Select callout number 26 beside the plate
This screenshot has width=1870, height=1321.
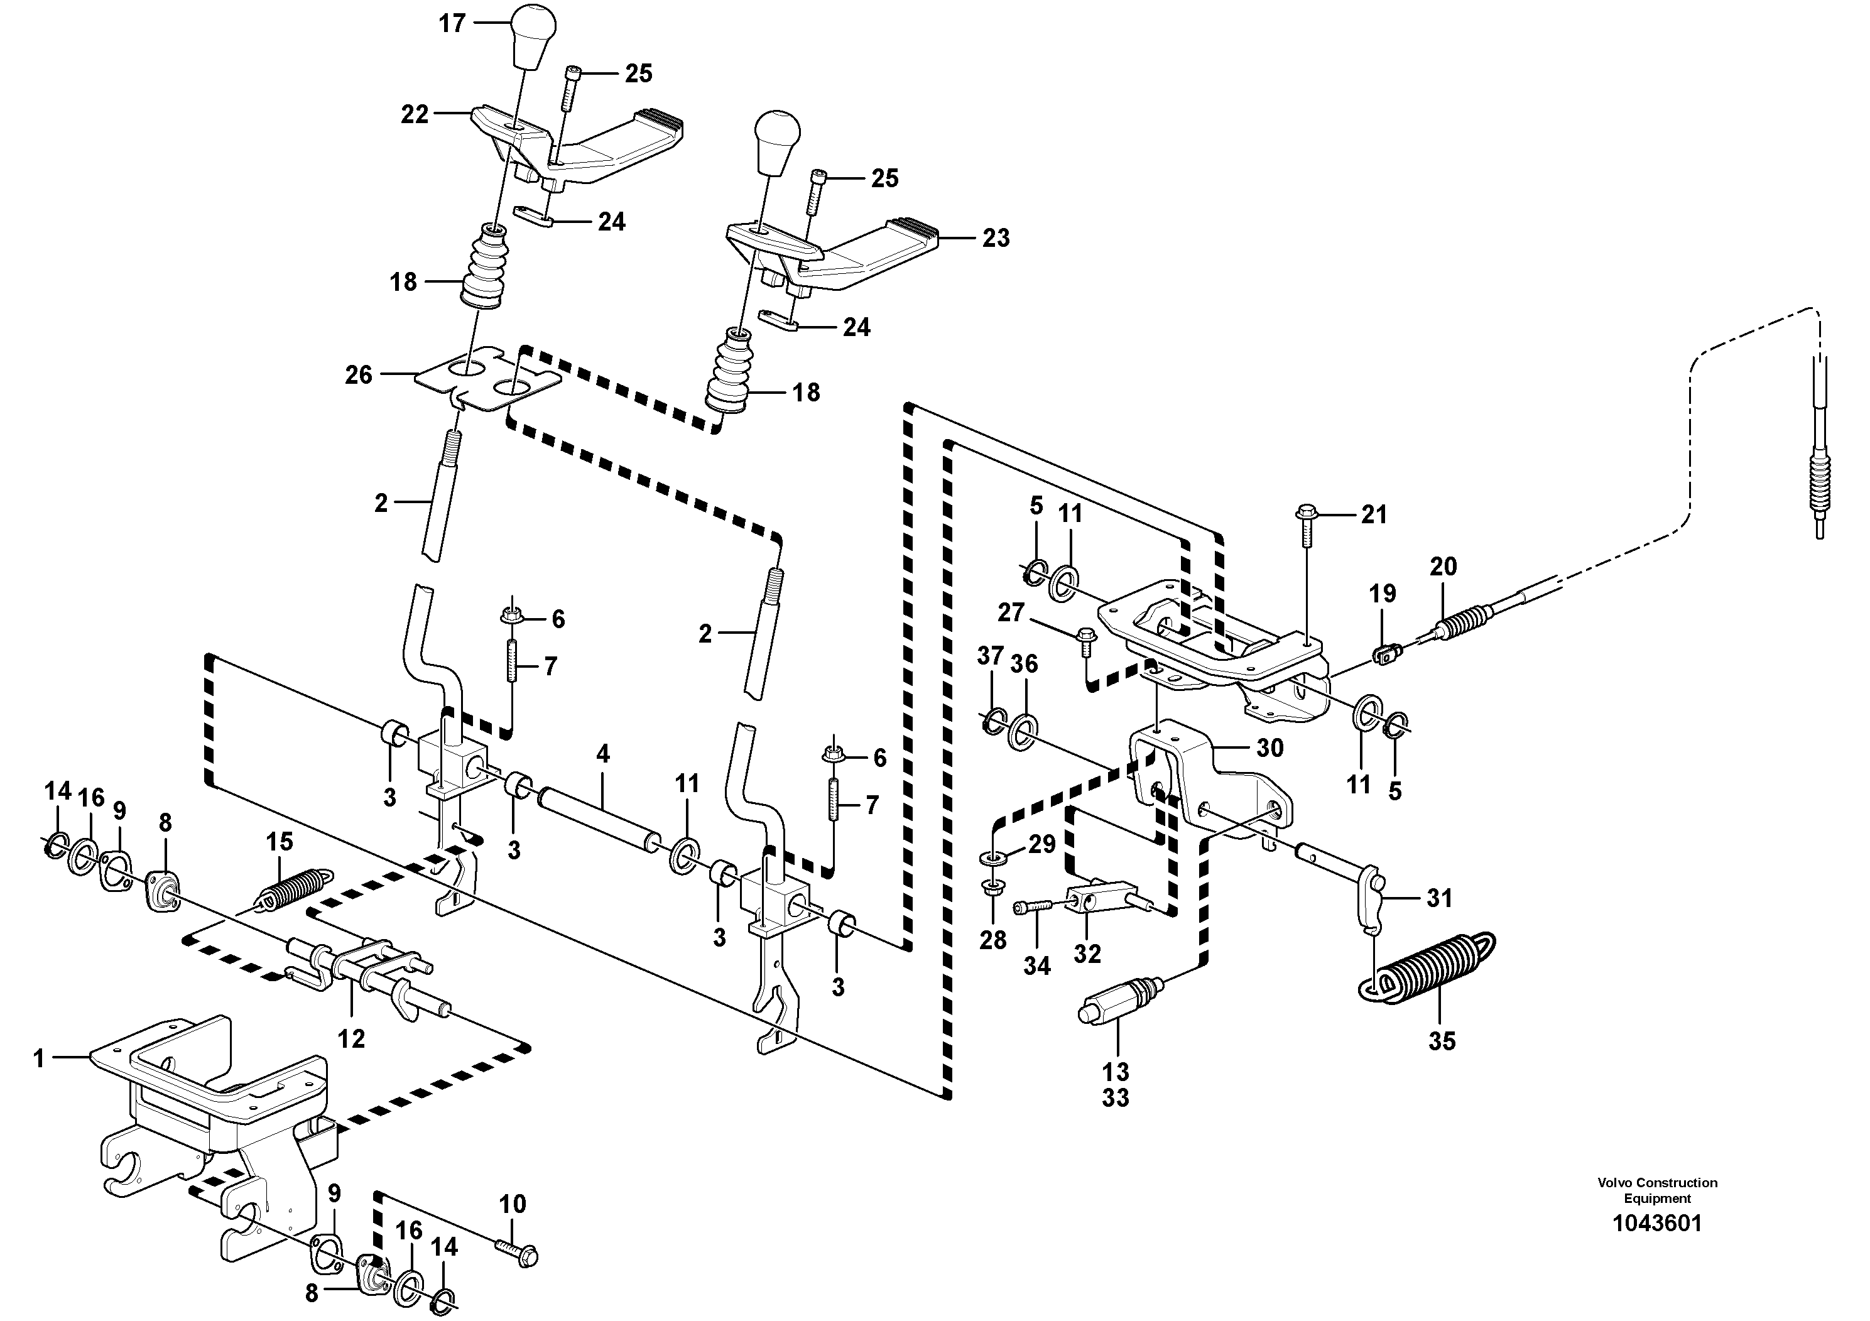click(359, 376)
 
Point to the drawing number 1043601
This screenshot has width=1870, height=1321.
click(1658, 1224)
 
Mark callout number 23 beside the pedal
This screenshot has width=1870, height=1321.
click(995, 238)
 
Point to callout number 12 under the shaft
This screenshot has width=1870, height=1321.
click(351, 1038)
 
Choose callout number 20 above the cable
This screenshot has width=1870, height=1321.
click(1443, 567)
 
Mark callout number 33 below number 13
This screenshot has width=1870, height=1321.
click(1116, 1098)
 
